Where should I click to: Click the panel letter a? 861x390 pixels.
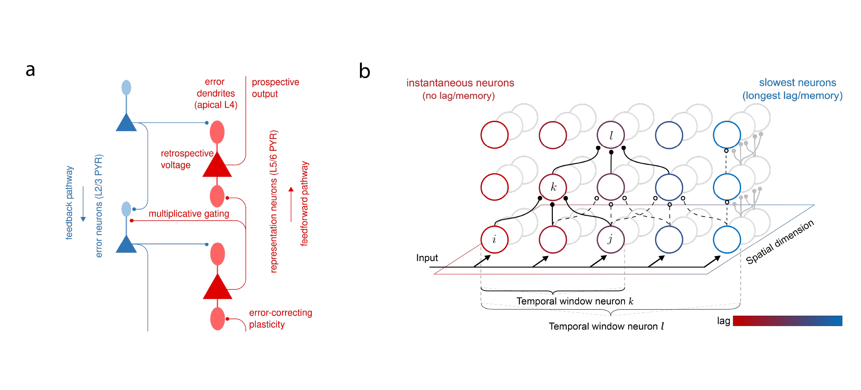point(30,70)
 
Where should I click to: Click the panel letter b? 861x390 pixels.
point(365,71)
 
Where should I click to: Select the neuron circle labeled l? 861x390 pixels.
point(611,135)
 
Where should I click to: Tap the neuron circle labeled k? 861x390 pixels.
point(553,187)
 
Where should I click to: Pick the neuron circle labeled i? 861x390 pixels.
point(495,240)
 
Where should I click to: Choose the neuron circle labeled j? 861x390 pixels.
point(611,240)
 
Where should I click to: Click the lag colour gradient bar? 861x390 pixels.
point(788,321)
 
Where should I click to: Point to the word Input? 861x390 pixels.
point(427,258)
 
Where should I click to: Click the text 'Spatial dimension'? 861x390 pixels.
point(780,242)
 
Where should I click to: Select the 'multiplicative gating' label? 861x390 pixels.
point(189,214)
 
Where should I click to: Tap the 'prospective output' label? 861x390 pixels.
point(275,88)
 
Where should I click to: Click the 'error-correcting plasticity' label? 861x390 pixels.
point(280,318)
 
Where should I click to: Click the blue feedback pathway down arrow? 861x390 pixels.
point(83,204)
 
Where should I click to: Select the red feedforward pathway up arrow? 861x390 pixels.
point(291,204)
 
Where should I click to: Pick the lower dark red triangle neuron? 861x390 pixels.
point(217,288)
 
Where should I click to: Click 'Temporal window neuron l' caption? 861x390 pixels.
point(606,326)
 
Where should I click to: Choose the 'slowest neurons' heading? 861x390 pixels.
point(797,83)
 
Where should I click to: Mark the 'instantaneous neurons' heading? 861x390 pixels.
point(460,83)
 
